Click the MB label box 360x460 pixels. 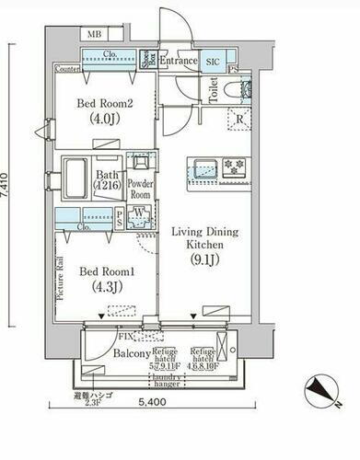[95, 35]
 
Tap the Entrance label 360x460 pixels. [179, 61]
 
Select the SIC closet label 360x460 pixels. [213, 61]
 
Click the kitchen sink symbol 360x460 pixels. [203, 167]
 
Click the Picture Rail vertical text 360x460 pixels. [60, 282]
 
